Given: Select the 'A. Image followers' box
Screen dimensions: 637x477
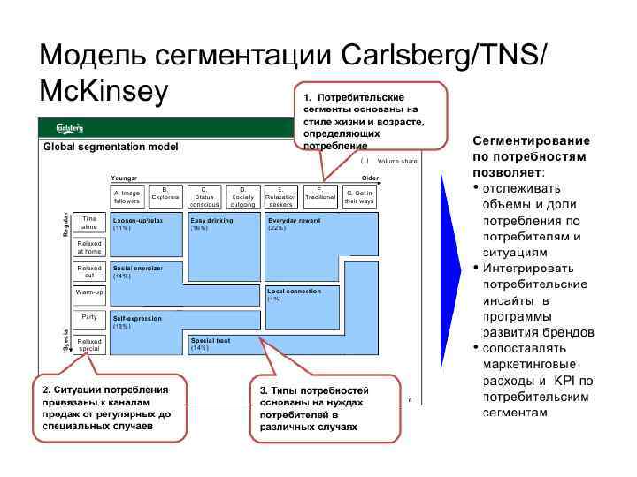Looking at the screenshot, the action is click(x=127, y=197).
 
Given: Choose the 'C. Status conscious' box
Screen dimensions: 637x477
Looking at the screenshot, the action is click(x=204, y=197).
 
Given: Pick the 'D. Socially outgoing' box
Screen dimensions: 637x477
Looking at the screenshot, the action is click(x=243, y=197).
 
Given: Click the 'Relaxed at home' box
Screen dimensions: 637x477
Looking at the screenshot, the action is click(x=89, y=246).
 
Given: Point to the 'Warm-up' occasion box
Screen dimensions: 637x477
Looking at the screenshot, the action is click(x=89, y=291).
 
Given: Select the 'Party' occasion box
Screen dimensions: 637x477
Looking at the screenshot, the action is click(x=89, y=316).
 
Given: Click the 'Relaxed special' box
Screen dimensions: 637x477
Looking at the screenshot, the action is click(x=89, y=344).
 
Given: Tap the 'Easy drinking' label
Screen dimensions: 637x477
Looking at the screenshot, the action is click(x=211, y=220).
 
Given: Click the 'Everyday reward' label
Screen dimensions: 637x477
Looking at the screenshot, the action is click(x=294, y=220).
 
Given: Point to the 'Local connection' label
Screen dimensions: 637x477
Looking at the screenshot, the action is click(x=294, y=291).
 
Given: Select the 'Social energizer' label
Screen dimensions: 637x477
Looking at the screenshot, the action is click(x=137, y=268).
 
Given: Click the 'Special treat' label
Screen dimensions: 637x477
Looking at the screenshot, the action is click(x=210, y=340).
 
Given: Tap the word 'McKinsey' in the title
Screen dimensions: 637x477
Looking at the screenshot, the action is click(x=103, y=91).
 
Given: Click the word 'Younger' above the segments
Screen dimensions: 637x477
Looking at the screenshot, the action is click(x=124, y=178).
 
